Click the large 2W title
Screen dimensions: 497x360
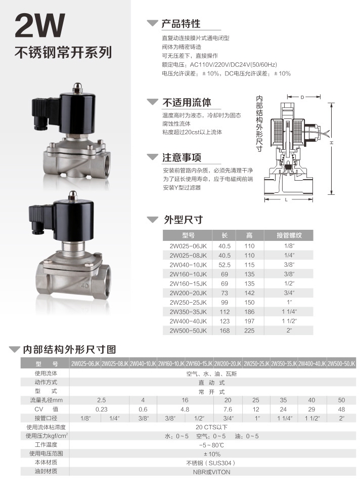[40, 26]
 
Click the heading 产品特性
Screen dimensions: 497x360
[181, 24]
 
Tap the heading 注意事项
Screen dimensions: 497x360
[181, 157]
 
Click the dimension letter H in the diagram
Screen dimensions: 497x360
[331, 143]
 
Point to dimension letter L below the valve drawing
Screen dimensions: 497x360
[286, 200]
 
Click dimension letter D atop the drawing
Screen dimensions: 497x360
[302, 97]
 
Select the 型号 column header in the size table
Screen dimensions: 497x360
[188, 235]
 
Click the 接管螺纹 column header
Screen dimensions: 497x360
[289, 235]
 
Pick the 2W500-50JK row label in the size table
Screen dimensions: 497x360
[188, 330]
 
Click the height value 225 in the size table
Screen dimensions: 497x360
[249, 330]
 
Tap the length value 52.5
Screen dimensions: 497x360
[224, 264]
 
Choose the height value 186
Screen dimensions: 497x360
[249, 312]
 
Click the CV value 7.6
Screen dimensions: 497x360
[228, 409]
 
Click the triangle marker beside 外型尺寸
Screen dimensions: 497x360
[152, 220]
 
